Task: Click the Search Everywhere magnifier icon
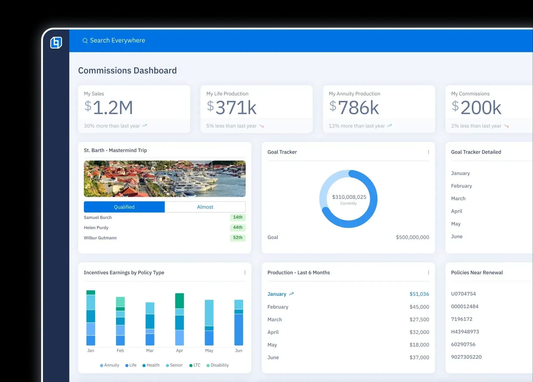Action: [x=85, y=41]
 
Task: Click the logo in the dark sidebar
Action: [x=56, y=42]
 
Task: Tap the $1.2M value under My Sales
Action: [x=109, y=107]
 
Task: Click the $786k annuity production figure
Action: [x=354, y=107]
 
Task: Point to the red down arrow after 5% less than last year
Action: [x=262, y=126]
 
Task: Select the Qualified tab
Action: [x=124, y=207]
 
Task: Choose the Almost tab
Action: [x=205, y=207]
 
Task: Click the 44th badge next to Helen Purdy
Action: [x=237, y=228]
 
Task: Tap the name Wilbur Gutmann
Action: [x=100, y=238]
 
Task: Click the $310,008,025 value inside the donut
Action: [x=349, y=197]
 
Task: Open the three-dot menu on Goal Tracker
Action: [x=428, y=152]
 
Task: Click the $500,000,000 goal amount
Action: [x=412, y=237]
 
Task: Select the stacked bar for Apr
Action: [x=180, y=319]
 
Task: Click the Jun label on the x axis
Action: [x=239, y=351]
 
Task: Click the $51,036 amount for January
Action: [x=419, y=294]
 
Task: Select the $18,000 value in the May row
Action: [x=419, y=345]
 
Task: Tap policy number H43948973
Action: [x=465, y=332]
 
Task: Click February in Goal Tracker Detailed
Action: [x=461, y=186]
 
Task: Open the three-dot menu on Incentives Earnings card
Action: [x=245, y=273]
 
